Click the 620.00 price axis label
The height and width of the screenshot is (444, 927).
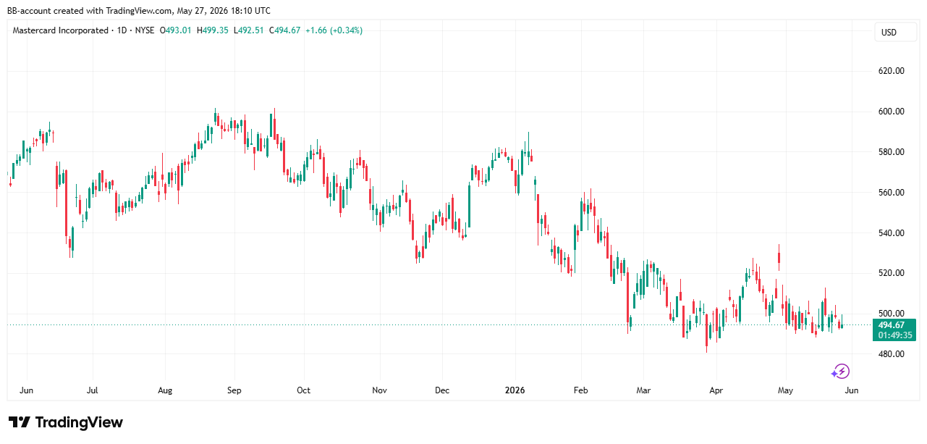(x=891, y=71)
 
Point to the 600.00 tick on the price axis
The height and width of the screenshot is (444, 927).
(x=891, y=112)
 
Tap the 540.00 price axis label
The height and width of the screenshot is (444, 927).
(x=891, y=233)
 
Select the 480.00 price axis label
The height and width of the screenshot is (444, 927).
(x=891, y=354)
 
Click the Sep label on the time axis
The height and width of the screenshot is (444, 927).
(x=234, y=390)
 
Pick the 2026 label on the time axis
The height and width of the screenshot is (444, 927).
(x=515, y=390)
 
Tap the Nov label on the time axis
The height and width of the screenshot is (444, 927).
(x=379, y=390)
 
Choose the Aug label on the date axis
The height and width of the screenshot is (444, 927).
(x=165, y=390)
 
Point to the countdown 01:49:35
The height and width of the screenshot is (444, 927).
(x=894, y=335)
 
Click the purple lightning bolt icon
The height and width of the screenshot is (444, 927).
(x=840, y=372)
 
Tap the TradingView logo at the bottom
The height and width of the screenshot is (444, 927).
(x=66, y=422)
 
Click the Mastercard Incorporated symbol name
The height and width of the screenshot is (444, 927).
(x=60, y=30)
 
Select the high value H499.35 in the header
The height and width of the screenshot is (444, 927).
(x=212, y=30)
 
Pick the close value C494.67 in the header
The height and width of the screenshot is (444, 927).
(x=284, y=30)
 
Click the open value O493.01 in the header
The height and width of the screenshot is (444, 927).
(x=175, y=30)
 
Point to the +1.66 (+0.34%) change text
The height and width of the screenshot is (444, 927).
(x=334, y=30)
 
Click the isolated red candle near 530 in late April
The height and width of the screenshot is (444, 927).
(x=779, y=258)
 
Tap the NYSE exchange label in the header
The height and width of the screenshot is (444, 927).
(x=145, y=30)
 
